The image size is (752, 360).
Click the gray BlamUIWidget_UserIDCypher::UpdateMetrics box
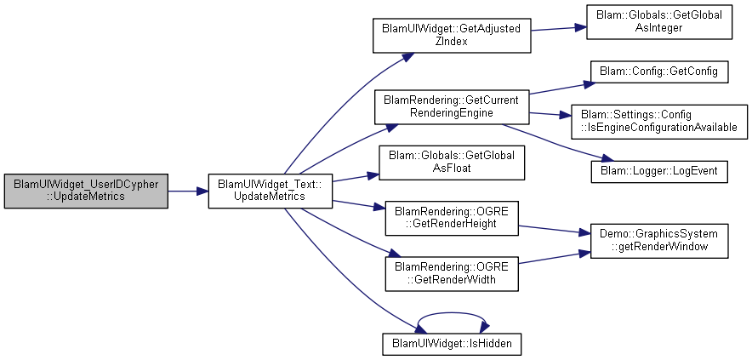point(86,191)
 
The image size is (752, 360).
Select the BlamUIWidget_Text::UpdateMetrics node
point(270,191)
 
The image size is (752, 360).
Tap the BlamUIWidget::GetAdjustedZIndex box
point(452,36)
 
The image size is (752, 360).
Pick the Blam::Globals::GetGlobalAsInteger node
point(659,22)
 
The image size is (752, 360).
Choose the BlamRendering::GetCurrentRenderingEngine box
point(452,106)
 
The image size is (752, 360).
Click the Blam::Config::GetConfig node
point(659,71)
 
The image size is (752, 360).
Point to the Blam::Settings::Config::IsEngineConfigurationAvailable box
point(659,122)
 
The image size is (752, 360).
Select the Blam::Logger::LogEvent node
point(659,171)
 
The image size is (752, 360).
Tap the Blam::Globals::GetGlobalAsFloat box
point(452,163)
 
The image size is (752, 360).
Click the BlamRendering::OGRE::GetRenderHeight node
point(452,219)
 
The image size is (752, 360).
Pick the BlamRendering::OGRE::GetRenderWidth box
point(452,273)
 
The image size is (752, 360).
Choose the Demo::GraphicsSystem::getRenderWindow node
point(659,241)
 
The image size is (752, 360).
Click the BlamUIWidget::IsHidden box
point(452,344)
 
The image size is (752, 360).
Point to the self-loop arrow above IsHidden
point(452,313)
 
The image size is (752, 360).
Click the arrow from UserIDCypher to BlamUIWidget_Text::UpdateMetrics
point(188,191)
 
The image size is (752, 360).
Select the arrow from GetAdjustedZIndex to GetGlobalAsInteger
point(559,29)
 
